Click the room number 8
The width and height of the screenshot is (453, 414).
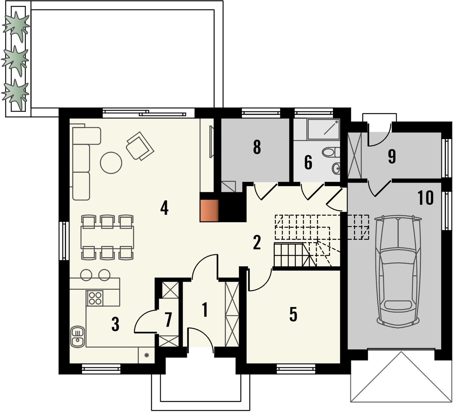(x=257, y=147)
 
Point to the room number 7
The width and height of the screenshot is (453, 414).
(x=168, y=320)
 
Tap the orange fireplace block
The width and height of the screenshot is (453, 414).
(x=209, y=210)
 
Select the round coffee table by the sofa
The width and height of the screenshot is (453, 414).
(x=111, y=163)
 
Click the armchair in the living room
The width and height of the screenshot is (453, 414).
(x=140, y=146)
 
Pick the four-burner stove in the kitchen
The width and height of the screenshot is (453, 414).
(x=94, y=298)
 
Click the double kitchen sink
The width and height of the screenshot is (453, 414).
(x=78, y=337)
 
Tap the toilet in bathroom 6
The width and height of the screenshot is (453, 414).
(x=331, y=152)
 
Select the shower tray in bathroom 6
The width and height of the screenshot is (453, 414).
(x=323, y=129)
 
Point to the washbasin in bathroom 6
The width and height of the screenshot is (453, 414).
(x=336, y=168)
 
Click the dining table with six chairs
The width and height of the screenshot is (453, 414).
(x=107, y=237)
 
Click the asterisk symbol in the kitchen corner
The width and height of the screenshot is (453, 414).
(x=146, y=355)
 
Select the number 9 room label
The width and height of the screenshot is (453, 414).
(x=392, y=156)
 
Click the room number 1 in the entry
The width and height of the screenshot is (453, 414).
(x=204, y=310)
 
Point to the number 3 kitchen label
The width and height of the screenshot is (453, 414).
(x=115, y=324)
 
